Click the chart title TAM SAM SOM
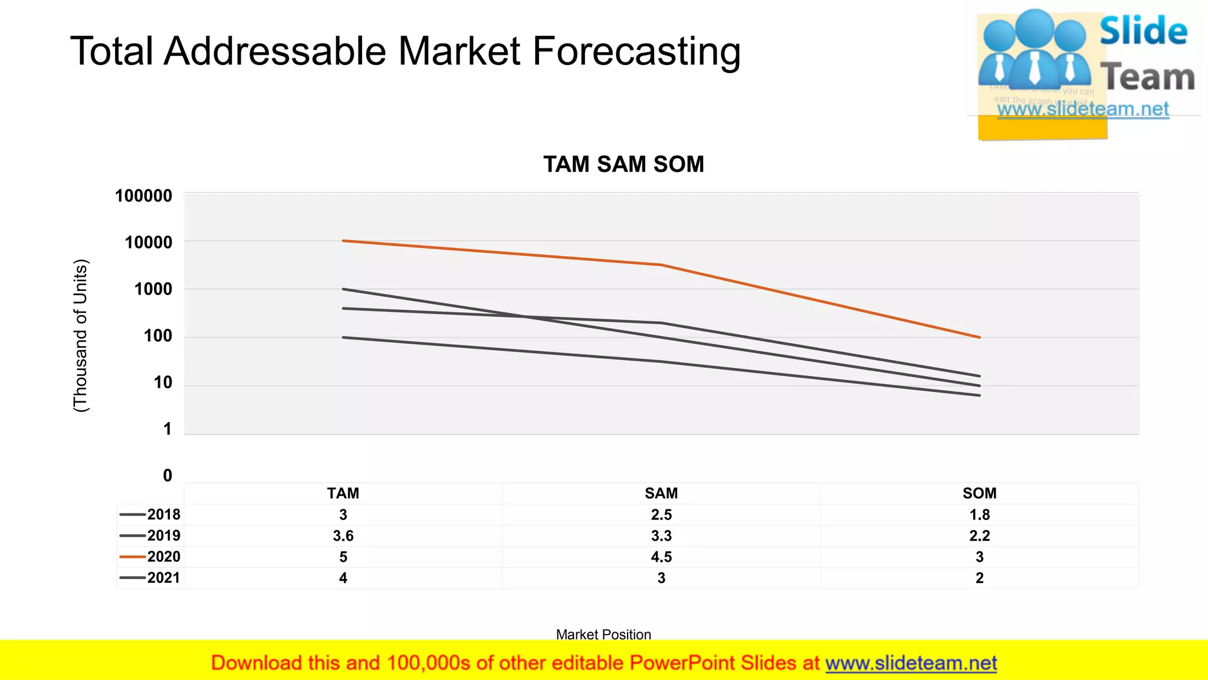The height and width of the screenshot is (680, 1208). (623, 164)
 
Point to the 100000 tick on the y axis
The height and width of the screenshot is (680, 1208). (143, 196)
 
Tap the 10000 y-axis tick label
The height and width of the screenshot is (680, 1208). (148, 243)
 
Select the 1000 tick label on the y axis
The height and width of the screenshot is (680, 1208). (153, 289)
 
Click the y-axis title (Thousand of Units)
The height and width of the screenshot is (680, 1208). (80, 335)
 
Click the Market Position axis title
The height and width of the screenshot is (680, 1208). (603, 635)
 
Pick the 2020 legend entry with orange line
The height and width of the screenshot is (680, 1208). (150, 557)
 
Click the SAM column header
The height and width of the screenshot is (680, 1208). (661, 493)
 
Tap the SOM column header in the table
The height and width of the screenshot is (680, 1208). (979, 493)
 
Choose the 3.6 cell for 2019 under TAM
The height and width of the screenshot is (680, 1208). (343, 536)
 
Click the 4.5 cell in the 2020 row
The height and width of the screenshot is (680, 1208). (661, 557)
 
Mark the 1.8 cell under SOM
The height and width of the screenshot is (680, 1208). (979, 515)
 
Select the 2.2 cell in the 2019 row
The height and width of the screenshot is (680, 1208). (979, 536)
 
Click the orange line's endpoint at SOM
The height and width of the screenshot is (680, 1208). (979, 338)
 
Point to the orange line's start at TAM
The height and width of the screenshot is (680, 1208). (343, 241)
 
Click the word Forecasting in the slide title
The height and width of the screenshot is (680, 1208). (636, 52)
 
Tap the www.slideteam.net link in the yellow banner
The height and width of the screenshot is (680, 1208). (911, 663)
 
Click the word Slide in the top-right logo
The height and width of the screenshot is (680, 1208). (1143, 31)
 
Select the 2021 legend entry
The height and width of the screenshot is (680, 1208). (150, 578)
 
